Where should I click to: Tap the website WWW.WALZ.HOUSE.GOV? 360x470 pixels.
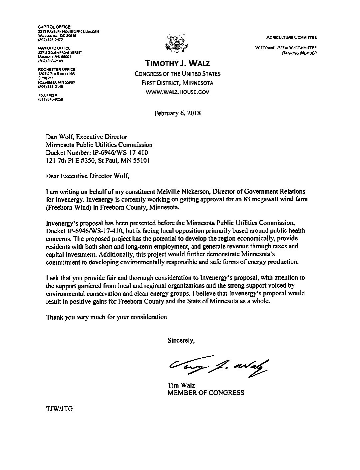(177, 92)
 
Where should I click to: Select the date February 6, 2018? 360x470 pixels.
(177, 113)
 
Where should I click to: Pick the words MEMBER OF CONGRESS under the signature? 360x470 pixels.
(205, 393)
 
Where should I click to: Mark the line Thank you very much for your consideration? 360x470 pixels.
(107, 317)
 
